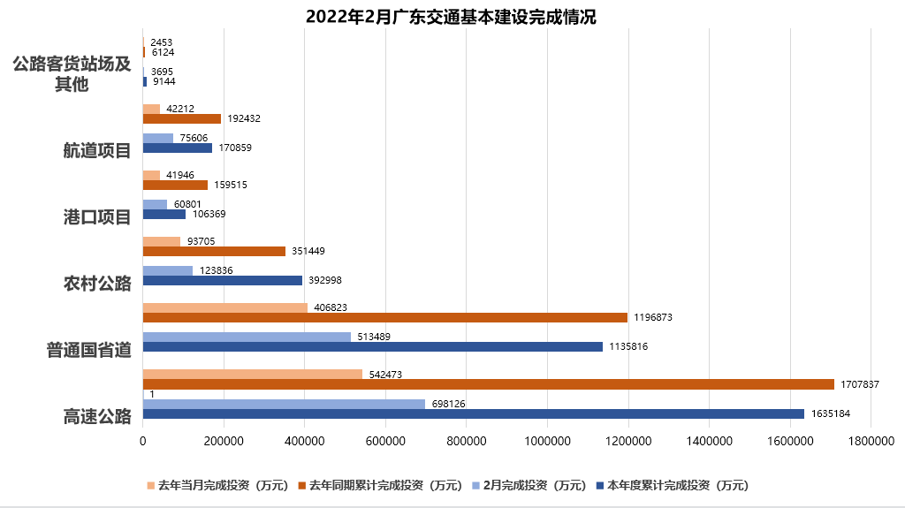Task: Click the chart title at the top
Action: (x=451, y=17)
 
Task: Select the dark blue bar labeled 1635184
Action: (x=473, y=413)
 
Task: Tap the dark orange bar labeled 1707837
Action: (x=488, y=384)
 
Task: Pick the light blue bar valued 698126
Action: (x=284, y=404)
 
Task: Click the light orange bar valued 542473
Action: (x=252, y=375)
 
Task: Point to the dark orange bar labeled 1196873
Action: (x=384, y=317)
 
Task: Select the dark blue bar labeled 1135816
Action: (x=372, y=346)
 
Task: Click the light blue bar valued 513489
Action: (x=247, y=337)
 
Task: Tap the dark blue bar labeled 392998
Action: (x=222, y=280)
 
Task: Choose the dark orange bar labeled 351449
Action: (x=214, y=251)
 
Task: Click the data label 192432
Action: (x=244, y=118)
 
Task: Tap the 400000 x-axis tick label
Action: (x=304, y=439)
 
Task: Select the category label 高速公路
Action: (x=97, y=416)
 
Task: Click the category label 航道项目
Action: (x=97, y=150)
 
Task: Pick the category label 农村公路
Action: (x=97, y=283)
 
